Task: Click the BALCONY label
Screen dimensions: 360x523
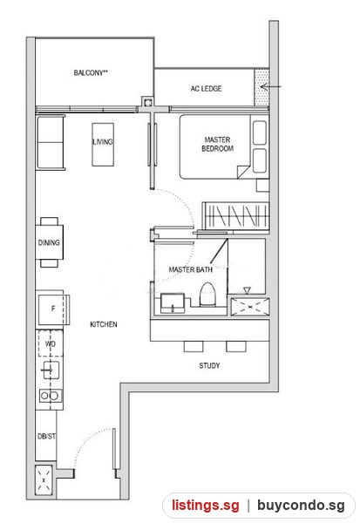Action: click(x=91, y=72)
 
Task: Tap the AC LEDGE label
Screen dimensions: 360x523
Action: click(x=207, y=89)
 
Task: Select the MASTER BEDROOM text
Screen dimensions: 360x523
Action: click(x=218, y=144)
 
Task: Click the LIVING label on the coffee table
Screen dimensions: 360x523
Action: click(x=103, y=142)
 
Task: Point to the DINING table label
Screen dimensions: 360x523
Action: click(x=49, y=242)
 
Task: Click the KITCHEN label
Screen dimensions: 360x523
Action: click(x=104, y=324)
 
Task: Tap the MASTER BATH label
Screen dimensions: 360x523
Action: click(x=191, y=269)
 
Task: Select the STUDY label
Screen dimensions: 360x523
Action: click(x=209, y=365)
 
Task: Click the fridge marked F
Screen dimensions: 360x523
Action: click(x=52, y=309)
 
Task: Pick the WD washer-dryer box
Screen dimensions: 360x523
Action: click(x=50, y=343)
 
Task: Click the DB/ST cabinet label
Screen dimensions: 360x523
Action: click(x=47, y=437)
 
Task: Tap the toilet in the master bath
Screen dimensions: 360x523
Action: click(x=208, y=295)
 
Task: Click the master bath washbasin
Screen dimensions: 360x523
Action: click(x=173, y=303)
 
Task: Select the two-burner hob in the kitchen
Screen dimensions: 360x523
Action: click(x=50, y=396)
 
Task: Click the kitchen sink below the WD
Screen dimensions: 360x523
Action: click(x=51, y=370)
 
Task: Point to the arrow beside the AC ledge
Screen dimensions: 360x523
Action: click(x=270, y=87)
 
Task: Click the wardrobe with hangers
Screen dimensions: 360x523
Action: click(x=236, y=216)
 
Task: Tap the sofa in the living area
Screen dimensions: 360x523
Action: click(x=51, y=142)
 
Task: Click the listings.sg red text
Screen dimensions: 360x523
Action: click(x=206, y=506)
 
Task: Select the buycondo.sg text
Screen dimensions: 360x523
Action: click(x=301, y=506)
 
